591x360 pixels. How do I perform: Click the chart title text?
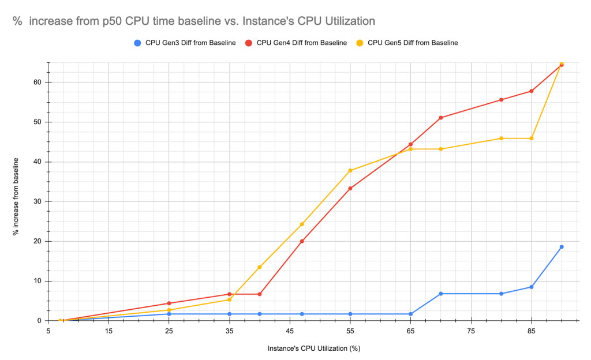pyautogui.click(x=194, y=21)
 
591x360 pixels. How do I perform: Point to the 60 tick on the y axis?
pyautogui.click(x=38, y=82)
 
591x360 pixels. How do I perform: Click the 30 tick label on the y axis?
pyautogui.click(x=38, y=201)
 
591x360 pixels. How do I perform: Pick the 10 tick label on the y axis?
pyautogui.click(x=38, y=281)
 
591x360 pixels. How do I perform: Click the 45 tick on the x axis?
pyautogui.click(x=290, y=331)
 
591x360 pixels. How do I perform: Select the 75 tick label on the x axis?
pyautogui.click(x=471, y=331)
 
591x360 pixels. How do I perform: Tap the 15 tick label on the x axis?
pyautogui.click(x=109, y=331)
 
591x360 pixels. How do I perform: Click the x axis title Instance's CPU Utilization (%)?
pyautogui.click(x=314, y=348)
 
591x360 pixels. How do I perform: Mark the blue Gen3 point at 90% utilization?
pyautogui.click(x=562, y=247)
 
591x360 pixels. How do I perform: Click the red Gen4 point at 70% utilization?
pyautogui.click(x=441, y=118)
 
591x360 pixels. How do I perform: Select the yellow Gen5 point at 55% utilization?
pyautogui.click(x=350, y=170)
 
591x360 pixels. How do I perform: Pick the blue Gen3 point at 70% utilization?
pyautogui.click(x=441, y=294)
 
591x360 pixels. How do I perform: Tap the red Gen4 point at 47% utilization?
pyautogui.click(x=302, y=241)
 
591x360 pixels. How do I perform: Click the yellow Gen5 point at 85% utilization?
pyautogui.click(x=532, y=138)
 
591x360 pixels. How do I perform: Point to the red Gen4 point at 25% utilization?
pyautogui.click(x=169, y=303)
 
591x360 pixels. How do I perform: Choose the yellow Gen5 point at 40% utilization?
pyautogui.click(x=260, y=267)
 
